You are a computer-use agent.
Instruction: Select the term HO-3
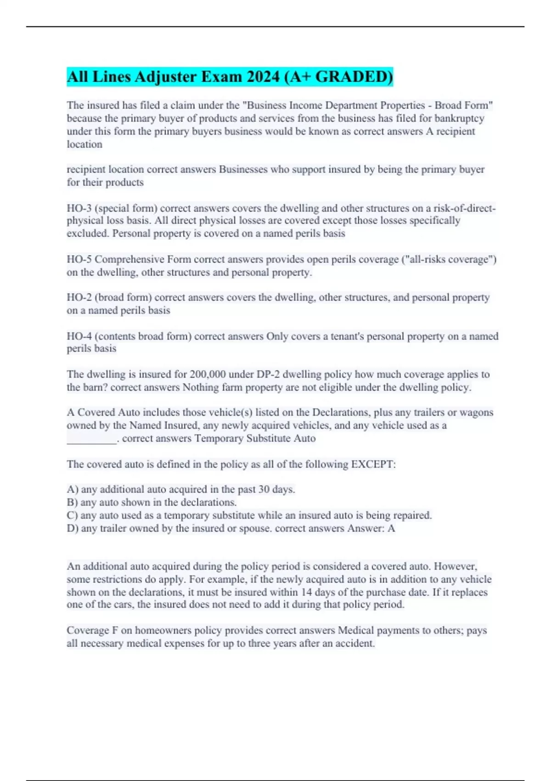coord(79,208)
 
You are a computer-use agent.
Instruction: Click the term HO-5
coord(79,260)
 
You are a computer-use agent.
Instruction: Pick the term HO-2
coord(79,298)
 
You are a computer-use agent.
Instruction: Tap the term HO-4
coord(79,336)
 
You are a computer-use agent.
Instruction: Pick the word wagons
coord(476,413)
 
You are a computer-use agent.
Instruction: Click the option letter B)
coord(72,503)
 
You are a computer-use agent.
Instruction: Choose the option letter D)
coord(73,528)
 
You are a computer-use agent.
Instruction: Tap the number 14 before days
coord(306,592)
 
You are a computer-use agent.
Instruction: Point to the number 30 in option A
coord(264,490)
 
